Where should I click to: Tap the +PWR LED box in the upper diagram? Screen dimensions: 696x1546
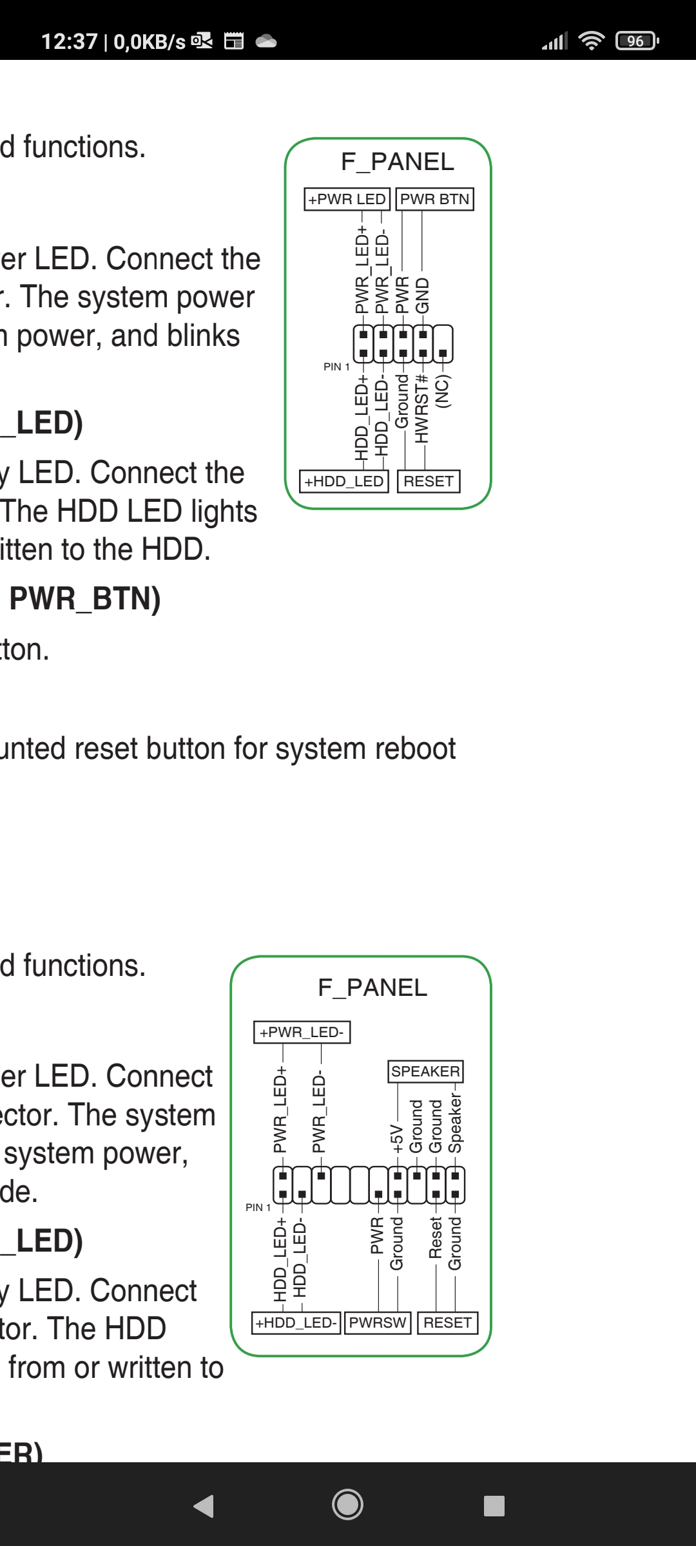(x=347, y=199)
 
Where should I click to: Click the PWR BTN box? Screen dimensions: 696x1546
(x=435, y=199)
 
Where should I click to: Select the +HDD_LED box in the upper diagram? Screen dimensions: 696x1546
(x=344, y=481)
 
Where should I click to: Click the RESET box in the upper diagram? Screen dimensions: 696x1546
(x=429, y=481)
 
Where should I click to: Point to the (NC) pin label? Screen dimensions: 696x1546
(x=443, y=391)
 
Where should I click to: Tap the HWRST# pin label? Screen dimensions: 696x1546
(x=422, y=408)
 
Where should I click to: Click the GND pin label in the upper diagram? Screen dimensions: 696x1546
(x=422, y=296)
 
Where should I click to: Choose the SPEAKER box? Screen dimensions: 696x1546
(x=425, y=1071)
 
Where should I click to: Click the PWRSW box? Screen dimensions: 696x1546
(x=378, y=1322)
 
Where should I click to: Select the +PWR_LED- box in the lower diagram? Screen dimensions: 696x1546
(x=302, y=1032)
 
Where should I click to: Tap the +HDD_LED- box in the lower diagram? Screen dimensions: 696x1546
(x=296, y=1322)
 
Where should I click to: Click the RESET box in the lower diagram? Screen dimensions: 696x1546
(x=448, y=1322)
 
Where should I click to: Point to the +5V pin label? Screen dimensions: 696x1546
(x=397, y=1138)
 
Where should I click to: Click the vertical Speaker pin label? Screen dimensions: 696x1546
(x=456, y=1123)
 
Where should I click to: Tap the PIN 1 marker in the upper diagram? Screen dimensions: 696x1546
(x=336, y=367)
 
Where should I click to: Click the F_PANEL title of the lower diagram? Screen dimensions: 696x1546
(x=372, y=988)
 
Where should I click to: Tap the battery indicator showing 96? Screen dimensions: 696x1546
(x=637, y=41)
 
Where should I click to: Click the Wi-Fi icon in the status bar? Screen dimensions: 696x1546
(x=591, y=41)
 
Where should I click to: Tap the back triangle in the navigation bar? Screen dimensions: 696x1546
(x=204, y=1506)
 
